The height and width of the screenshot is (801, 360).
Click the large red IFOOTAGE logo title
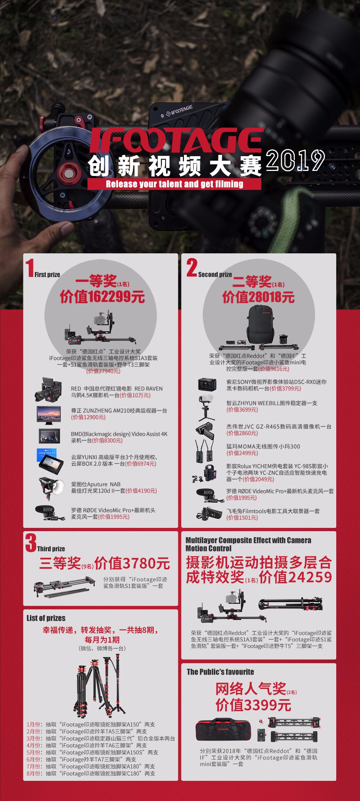tap(176, 140)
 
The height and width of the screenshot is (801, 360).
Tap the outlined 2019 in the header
tap(296, 160)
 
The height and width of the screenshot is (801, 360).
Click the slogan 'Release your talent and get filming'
tap(174, 184)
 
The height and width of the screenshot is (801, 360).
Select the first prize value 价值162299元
tap(102, 297)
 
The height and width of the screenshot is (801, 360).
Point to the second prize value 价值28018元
tap(258, 297)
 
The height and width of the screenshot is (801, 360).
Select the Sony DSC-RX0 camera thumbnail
tap(207, 385)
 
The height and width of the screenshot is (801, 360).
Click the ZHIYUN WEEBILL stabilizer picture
tap(206, 408)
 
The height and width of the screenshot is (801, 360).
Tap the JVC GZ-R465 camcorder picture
tap(205, 430)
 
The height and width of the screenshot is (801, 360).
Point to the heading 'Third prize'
tap(51, 549)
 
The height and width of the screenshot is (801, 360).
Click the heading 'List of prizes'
tap(46, 618)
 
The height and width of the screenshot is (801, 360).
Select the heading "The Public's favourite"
tap(220, 672)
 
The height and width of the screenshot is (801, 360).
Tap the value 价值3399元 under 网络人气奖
tap(253, 705)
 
